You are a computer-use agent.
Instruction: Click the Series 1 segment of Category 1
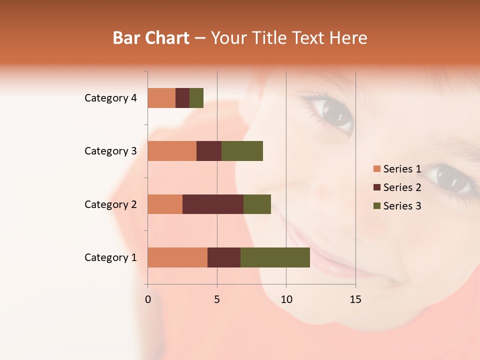coord(177,257)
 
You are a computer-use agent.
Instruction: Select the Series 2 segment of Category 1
coord(224,257)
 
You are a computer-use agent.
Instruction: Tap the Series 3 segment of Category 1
coord(275,257)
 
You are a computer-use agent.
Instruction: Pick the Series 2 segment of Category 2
coord(213,204)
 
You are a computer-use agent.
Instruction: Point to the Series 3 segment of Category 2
coord(257,204)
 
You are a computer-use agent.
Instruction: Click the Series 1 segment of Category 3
coord(172,151)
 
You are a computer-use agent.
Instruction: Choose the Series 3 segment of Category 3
coord(242,151)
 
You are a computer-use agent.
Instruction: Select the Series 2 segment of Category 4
coord(182,98)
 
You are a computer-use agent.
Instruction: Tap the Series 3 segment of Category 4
coord(196,98)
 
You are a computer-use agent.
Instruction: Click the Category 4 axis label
coord(110,98)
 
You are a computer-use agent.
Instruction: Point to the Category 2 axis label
coord(110,204)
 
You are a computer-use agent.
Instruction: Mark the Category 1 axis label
coord(110,257)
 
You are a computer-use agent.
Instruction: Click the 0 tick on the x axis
coord(148,299)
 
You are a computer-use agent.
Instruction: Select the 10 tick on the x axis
coord(286,299)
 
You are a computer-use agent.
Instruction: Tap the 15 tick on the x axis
coord(355,299)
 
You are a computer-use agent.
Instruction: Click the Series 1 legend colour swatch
coord(377,169)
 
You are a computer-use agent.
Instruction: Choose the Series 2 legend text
coord(402,187)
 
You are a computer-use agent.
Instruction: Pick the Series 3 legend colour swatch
coord(377,206)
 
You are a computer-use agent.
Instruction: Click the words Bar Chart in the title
coord(151,38)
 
